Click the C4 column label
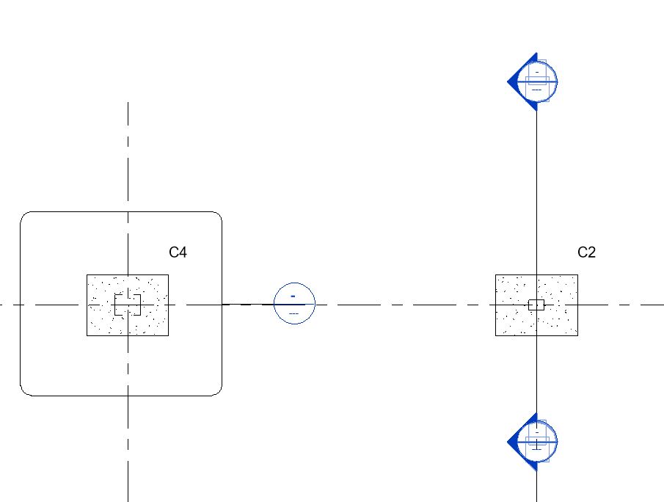178,252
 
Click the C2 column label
586,252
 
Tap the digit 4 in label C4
183,252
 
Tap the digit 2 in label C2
591,252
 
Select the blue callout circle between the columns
294,303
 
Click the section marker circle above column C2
537,81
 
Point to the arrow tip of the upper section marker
508,81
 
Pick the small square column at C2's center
536,305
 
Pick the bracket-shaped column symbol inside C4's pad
128,304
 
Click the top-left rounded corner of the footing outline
23,216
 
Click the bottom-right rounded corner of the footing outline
218,392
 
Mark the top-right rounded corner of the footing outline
218,216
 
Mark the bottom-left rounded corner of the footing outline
23,392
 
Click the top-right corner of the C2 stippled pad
577,275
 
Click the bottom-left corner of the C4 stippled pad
87,335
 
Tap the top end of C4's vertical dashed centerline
128,103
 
